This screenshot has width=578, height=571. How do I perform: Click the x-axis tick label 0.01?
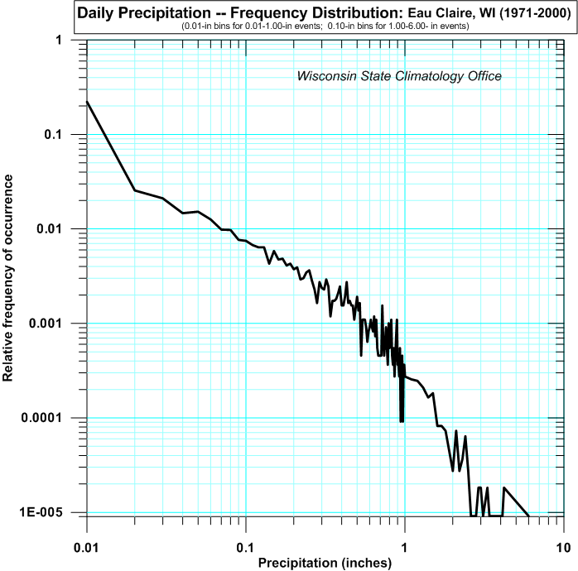pos(86,549)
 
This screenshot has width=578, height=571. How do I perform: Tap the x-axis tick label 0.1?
pos(245,549)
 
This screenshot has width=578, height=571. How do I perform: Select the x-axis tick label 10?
pos(563,549)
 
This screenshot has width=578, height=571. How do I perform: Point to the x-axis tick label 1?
pos(405,549)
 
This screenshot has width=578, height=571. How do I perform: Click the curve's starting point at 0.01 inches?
pos(87,102)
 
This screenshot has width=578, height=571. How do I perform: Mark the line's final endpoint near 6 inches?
pos(529,516)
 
